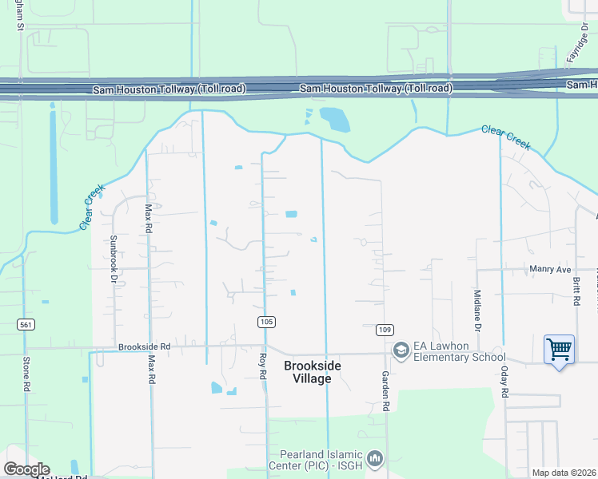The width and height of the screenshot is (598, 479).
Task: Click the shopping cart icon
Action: [x=559, y=349]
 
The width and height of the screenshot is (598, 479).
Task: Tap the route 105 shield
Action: [x=267, y=322]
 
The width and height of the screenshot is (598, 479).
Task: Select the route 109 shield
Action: [x=385, y=330]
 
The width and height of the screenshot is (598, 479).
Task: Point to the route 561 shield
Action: [x=26, y=323]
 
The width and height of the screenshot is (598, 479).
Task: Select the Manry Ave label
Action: [x=551, y=270]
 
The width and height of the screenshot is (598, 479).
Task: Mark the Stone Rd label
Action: [x=26, y=374]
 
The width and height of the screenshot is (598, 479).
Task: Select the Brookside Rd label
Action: [x=145, y=347]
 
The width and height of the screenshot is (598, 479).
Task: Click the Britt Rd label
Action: [x=575, y=291]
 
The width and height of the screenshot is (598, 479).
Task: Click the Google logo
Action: [x=26, y=469]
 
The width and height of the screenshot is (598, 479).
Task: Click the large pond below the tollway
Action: [x=335, y=120]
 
